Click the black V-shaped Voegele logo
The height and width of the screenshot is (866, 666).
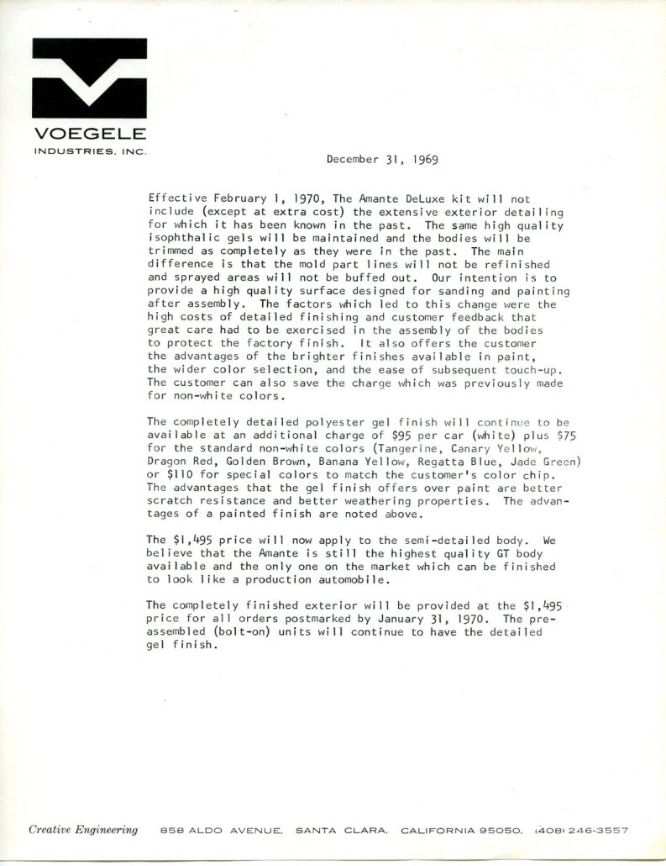88,79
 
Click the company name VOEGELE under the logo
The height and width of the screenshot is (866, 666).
88,134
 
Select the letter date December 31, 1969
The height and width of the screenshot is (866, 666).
382,158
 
